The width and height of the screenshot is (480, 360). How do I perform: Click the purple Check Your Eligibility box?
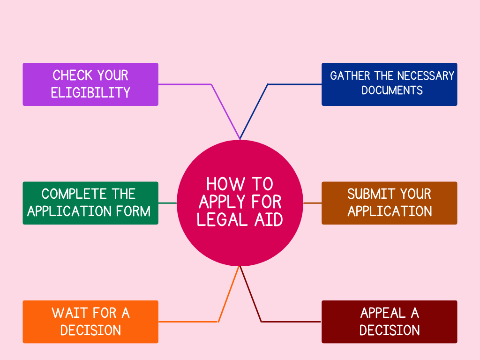point(90,84)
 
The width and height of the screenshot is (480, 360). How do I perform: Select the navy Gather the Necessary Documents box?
point(389,84)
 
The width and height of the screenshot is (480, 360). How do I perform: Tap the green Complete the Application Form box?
point(90,203)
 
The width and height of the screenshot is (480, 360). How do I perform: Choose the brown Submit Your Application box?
point(389,203)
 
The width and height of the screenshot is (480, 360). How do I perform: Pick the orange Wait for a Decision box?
point(90,322)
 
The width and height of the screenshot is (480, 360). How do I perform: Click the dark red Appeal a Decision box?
point(389,322)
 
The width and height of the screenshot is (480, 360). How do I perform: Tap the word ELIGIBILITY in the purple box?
point(90,93)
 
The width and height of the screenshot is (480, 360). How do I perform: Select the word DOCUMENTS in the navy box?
point(392,90)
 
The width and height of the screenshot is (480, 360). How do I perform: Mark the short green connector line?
point(167,203)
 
